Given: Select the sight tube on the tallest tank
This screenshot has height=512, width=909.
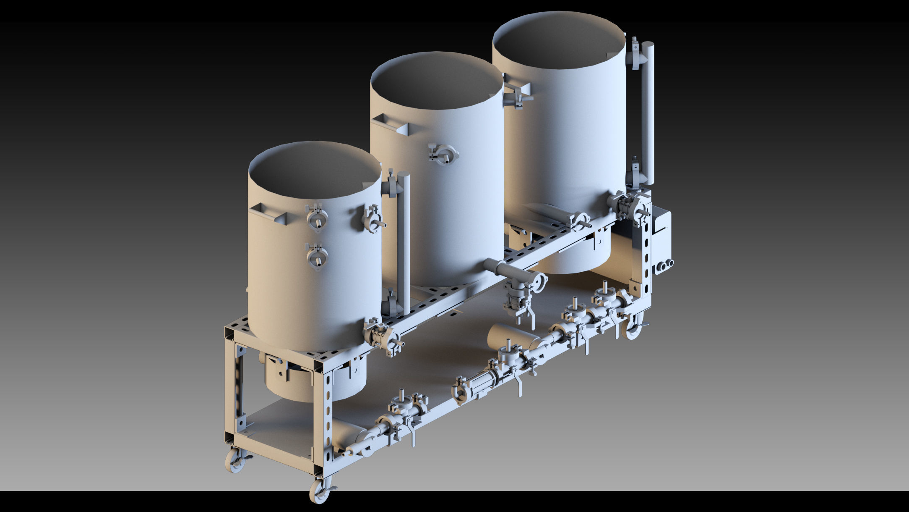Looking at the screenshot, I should tap(648, 113).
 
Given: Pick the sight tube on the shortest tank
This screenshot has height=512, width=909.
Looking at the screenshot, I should tap(404, 244).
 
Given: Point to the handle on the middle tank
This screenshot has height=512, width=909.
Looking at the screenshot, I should tap(391, 124).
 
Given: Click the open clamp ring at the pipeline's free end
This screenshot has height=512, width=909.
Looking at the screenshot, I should tap(460, 391).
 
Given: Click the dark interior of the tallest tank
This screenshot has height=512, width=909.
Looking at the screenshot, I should tap(558, 40).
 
